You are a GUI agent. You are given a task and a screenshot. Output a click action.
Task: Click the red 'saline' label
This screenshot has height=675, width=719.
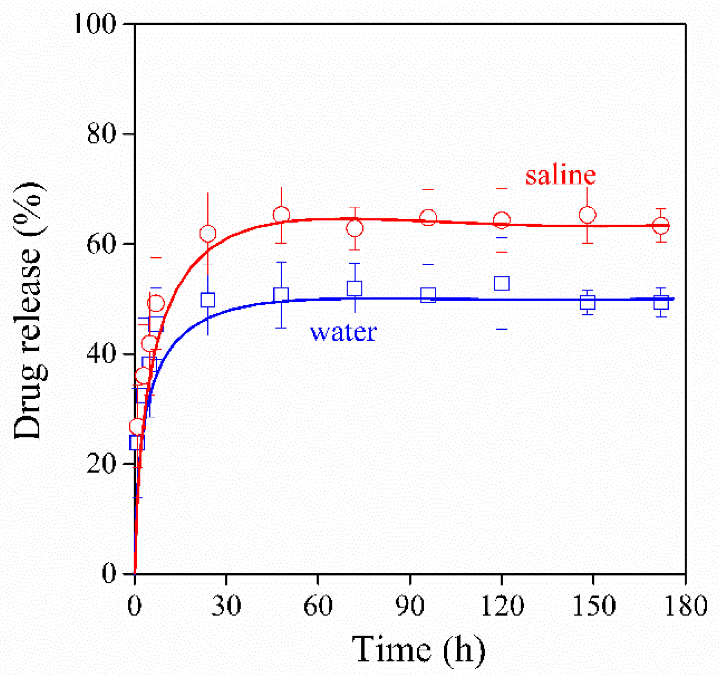(x=560, y=176)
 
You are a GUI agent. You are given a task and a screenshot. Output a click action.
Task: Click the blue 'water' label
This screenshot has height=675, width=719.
(x=343, y=332)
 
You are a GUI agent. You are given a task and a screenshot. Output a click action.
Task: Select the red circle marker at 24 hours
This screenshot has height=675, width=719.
(x=208, y=234)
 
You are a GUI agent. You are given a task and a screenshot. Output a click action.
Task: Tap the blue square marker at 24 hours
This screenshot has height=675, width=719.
(x=208, y=300)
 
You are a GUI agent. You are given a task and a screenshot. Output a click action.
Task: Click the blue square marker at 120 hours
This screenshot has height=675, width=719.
(x=502, y=283)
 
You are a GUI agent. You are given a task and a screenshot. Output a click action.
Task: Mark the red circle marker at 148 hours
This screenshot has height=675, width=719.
(x=587, y=215)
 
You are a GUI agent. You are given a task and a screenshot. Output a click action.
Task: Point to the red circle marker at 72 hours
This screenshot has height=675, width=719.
(x=355, y=228)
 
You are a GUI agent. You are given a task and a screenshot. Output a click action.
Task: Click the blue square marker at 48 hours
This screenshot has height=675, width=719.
(x=281, y=294)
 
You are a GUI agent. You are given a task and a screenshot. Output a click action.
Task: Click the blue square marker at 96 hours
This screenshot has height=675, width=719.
(x=428, y=295)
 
